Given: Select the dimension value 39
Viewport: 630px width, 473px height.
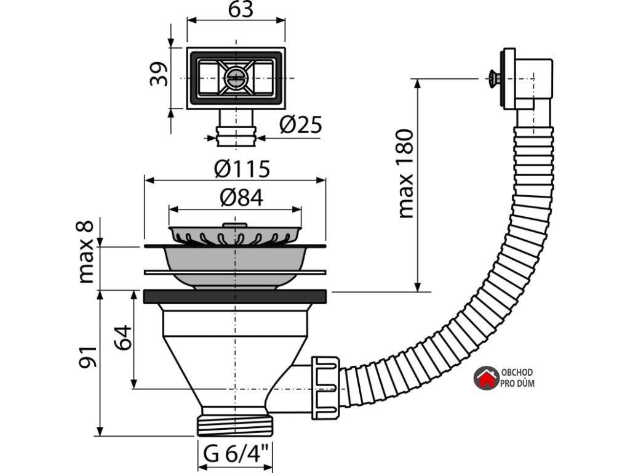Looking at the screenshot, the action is tap(158, 74).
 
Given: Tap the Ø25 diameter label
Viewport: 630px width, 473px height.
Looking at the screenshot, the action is tap(301, 124).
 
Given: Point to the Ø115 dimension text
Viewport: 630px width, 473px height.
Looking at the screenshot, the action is tap(242, 169).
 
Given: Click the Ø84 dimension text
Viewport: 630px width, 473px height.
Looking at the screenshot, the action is tap(241, 198).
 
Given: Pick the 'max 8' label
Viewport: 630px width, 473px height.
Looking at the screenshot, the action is tap(86, 252).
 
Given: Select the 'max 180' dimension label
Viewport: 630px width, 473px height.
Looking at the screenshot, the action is tap(405, 174).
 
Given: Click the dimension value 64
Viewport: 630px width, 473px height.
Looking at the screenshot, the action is tap(122, 338).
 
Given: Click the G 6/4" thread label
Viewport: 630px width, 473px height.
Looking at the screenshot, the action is tap(236, 454).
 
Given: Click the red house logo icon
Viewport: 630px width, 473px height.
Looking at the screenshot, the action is tap(486, 378).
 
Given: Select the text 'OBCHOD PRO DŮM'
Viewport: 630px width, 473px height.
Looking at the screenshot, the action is tap(517, 378).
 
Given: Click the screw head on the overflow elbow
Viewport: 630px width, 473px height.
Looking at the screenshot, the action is tap(495, 78).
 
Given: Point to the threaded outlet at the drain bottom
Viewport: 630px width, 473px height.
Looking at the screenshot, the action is tap(236, 426).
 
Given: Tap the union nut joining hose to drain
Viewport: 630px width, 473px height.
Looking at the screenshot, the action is tap(325, 387).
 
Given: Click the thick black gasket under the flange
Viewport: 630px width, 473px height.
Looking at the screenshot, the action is tap(235, 296).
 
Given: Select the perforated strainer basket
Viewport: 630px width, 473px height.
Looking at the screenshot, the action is tap(235, 235).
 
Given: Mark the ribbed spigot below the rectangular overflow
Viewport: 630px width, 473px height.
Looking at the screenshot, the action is tap(236, 136).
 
